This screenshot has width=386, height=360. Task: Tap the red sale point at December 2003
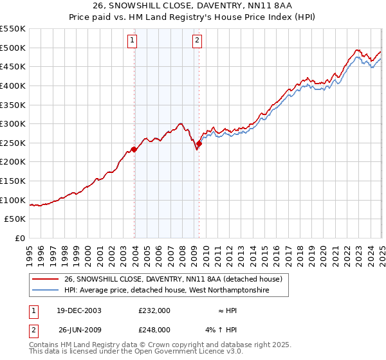coord(134,150)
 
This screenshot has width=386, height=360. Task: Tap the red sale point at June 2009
coord(199,144)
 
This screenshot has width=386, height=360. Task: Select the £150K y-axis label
coord(13,181)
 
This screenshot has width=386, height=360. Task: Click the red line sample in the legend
coord(45,279)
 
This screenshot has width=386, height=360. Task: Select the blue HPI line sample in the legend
coord(45,291)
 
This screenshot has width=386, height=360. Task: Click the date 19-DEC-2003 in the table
coord(74,310)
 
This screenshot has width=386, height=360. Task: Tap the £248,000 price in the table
coord(154,330)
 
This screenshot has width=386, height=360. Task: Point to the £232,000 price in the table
coord(154,310)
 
